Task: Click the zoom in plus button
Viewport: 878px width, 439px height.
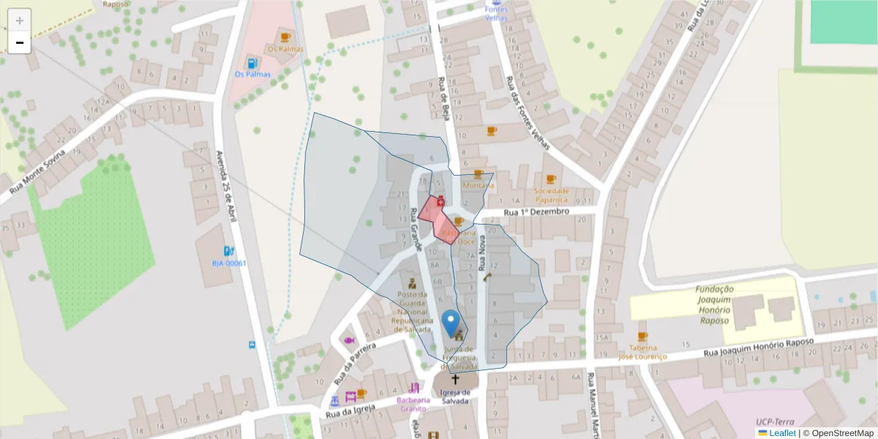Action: (20, 20)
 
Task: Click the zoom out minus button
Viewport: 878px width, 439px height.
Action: (20, 42)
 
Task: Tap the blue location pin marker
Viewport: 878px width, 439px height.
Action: (451, 323)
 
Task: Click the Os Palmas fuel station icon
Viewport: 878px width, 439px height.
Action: (252, 63)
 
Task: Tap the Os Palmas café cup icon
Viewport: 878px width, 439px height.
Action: (285, 37)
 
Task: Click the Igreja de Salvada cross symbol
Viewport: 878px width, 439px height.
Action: (455, 379)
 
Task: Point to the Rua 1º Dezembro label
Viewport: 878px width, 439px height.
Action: (536, 212)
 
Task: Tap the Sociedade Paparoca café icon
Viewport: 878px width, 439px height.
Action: (550, 179)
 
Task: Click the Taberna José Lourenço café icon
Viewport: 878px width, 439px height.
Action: (642, 337)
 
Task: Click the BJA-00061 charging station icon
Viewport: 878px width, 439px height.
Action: (229, 251)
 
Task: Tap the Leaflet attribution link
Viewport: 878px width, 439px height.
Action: (781, 433)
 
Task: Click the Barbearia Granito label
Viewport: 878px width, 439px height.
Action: (414, 404)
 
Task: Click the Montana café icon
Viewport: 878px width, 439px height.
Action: (479, 174)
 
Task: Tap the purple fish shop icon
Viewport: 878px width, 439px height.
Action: (349, 341)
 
